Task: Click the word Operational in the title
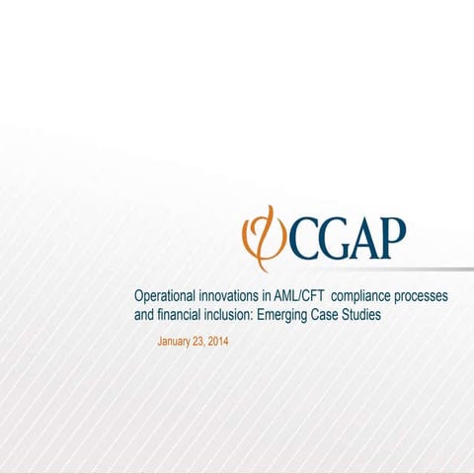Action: [166, 296]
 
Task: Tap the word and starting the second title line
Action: [144, 315]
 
